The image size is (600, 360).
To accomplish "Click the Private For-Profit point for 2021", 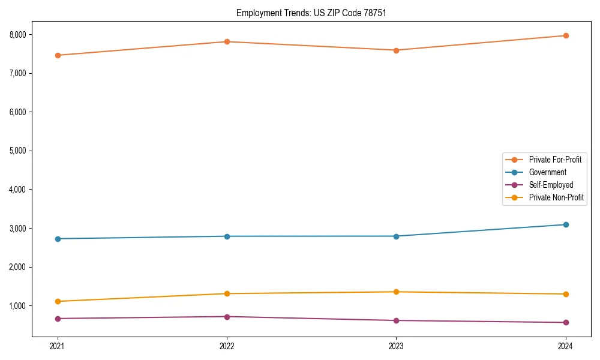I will click(58, 55).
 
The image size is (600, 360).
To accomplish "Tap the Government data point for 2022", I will click(227, 236).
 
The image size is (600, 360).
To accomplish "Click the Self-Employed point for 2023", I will click(396, 320).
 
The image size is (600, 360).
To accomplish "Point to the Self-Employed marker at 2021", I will click(58, 319).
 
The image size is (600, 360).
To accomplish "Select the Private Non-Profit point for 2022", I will click(227, 293).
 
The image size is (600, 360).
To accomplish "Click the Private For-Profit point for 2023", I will click(396, 50).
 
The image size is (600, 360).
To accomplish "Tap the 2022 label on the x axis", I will click(227, 346).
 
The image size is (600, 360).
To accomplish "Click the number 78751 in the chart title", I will click(367, 13).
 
